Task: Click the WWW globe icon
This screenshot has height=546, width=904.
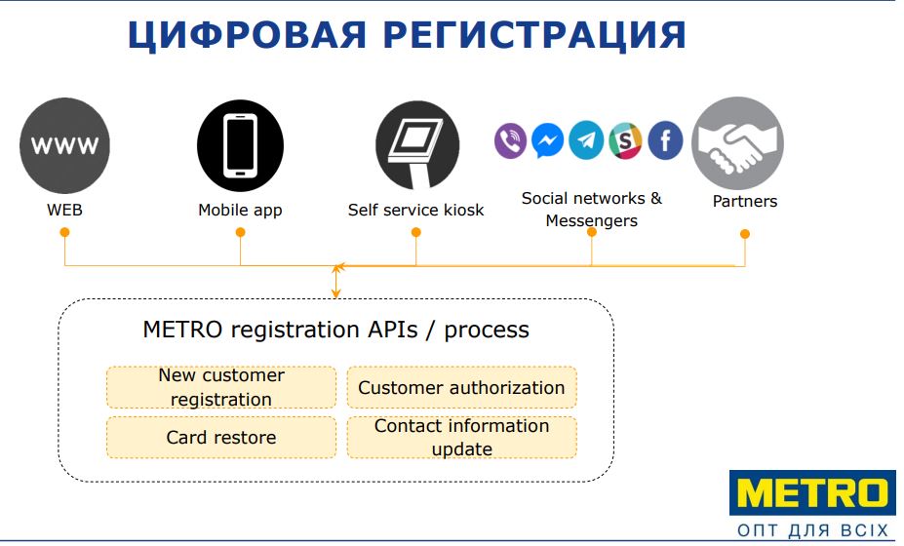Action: [x=64, y=145]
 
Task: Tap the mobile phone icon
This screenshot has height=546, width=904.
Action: [x=240, y=145]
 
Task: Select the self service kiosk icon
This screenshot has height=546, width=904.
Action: [x=417, y=145]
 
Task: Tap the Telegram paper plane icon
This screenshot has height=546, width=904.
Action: [x=586, y=140]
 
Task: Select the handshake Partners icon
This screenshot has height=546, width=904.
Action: [x=737, y=142]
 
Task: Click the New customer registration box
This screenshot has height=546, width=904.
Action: [x=221, y=387]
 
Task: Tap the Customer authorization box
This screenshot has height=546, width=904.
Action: [x=461, y=387]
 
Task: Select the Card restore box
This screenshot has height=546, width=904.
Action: [x=221, y=438]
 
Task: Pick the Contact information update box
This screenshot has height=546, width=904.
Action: [x=461, y=438]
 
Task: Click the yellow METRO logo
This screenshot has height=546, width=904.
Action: [x=812, y=493]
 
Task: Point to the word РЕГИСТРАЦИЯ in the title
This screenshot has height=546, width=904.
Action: [x=534, y=35]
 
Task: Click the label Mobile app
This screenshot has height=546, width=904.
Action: [x=240, y=210]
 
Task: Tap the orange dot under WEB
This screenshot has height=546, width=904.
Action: [x=64, y=232]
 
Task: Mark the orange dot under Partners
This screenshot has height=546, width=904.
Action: [x=745, y=233]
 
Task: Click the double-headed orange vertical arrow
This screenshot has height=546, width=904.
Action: [x=336, y=281]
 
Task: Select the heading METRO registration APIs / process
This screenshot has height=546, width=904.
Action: [x=336, y=330]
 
